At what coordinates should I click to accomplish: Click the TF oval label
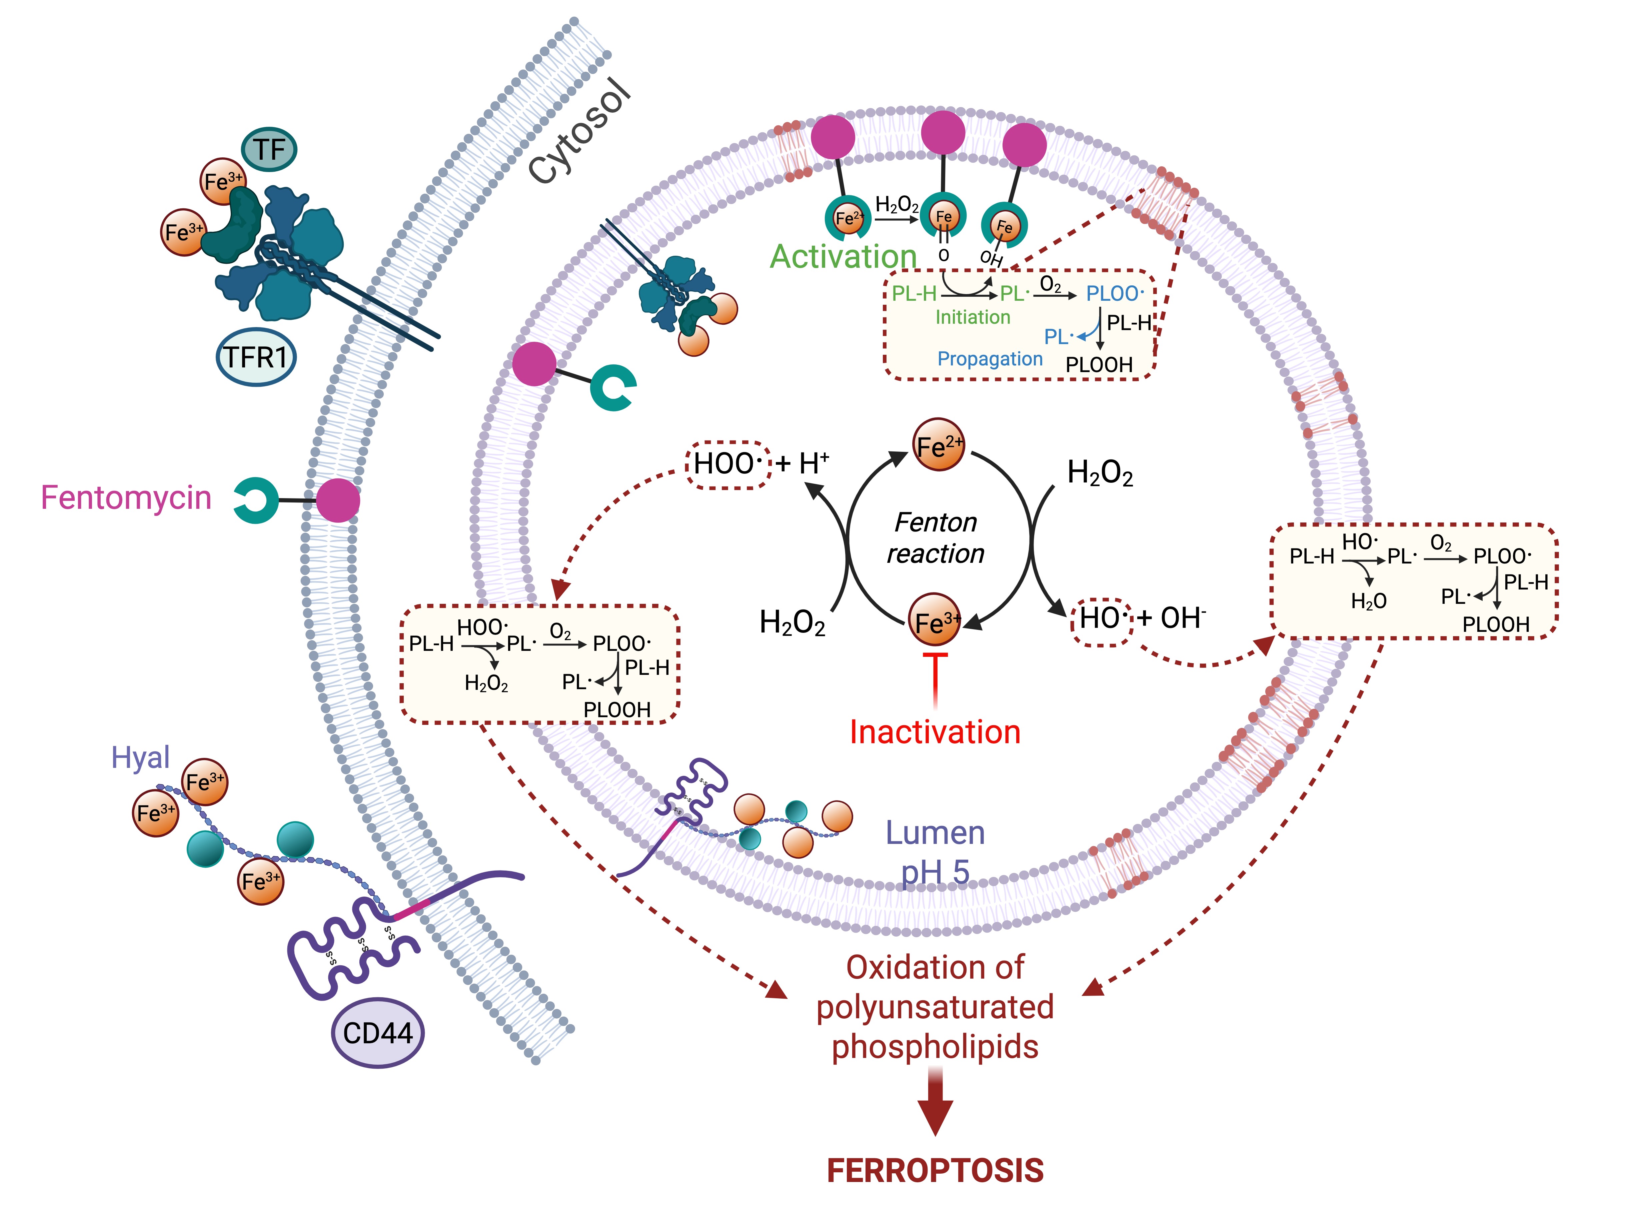[269, 149]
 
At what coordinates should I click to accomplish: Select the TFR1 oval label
[256, 357]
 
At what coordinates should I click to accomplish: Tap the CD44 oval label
[377, 1033]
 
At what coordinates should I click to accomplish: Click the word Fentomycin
[126, 498]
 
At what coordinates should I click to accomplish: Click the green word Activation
[843, 257]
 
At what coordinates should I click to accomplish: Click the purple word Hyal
[140, 758]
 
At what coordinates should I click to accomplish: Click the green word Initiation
[973, 317]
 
